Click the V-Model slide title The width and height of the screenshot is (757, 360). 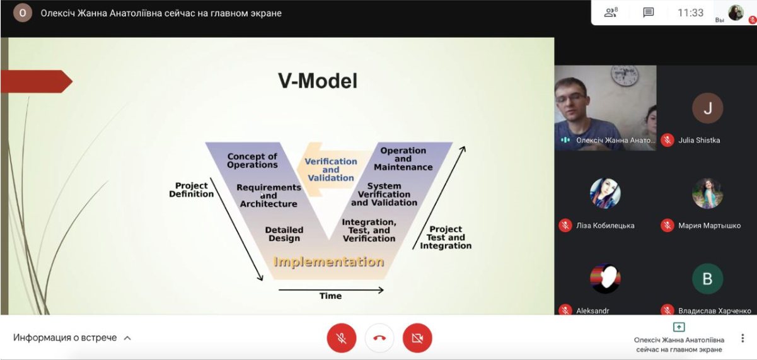click(318, 81)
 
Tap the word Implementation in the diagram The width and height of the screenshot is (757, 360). click(329, 262)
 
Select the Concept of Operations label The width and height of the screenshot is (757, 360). click(252, 161)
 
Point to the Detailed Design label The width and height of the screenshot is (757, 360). click(284, 234)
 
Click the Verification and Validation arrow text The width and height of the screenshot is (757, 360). click(331, 170)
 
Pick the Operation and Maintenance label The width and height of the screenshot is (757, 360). click(403, 158)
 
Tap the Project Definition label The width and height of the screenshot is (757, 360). click(191, 190)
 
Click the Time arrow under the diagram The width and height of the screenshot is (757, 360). click(331, 290)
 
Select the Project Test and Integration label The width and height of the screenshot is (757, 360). click(446, 237)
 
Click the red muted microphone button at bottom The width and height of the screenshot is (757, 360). click(342, 338)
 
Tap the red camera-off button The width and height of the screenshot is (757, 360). click(417, 338)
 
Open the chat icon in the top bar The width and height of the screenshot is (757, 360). click(648, 13)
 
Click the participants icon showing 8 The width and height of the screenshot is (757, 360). click(611, 13)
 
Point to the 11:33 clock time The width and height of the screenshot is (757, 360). click(690, 13)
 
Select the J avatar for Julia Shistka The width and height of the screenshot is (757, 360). click(707, 108)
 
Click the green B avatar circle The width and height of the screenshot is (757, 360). click(707, 279)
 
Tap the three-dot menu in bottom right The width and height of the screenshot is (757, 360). click(743, 338)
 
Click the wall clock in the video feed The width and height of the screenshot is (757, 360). click(625, 76)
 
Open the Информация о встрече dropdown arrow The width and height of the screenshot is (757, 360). click(127, 338)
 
